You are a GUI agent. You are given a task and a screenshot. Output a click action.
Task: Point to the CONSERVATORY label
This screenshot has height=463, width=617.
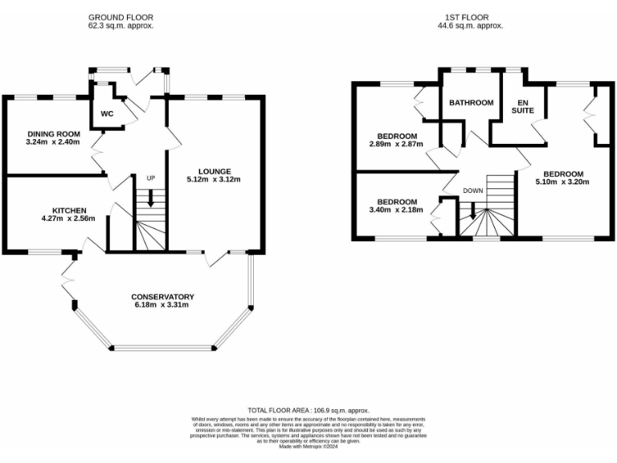164,297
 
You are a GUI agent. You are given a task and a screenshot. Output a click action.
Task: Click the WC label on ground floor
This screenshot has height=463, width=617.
108,113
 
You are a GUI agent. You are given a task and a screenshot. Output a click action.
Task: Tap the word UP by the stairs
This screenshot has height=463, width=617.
149,178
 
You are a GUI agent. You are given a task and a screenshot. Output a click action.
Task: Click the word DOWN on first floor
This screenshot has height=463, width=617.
473,191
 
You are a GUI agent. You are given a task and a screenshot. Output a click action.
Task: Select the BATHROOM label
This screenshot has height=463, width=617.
471,103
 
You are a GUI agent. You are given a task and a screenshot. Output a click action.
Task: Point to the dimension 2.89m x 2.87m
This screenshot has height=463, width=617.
397,145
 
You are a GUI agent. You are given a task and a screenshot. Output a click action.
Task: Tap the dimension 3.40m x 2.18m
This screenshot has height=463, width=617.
397,211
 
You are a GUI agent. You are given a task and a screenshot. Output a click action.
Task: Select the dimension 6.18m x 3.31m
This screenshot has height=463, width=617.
164,305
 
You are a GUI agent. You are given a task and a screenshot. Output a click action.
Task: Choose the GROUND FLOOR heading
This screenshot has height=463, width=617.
121,17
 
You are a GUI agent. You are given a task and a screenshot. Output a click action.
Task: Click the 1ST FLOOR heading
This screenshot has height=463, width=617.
475,17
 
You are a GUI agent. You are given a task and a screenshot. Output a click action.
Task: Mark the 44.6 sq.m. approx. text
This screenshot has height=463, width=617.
475,26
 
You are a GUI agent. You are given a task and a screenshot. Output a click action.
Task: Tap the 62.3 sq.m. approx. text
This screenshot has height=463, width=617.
121,26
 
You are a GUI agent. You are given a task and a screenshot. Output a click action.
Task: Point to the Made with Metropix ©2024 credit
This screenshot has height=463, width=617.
308,446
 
